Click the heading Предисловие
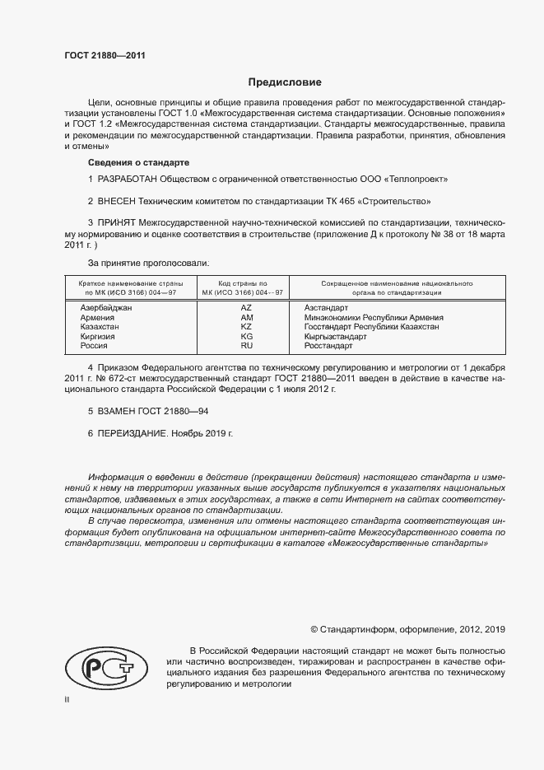(x=286, y=82)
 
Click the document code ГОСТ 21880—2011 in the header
(x=106, y=56)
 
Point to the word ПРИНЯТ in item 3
(x=116, y=223)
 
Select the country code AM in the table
(x=246, y=317)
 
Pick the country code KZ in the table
(x=246, y=327)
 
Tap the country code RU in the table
(x=246, y=347)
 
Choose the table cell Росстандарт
(x=328, y=347)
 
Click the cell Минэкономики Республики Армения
(x=374, y=317)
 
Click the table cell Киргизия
(x=97, y=337)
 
